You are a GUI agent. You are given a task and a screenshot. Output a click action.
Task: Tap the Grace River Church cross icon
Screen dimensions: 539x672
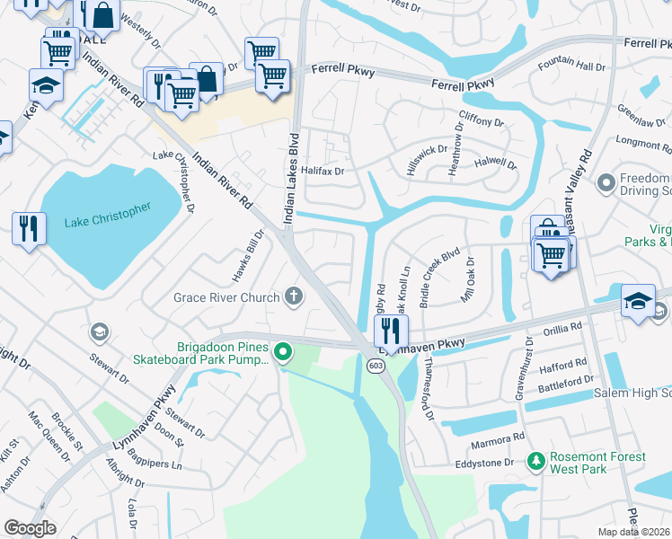293,296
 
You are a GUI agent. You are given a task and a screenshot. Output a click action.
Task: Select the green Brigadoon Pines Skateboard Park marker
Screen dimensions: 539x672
283,351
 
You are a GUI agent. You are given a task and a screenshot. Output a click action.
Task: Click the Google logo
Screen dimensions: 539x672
31,527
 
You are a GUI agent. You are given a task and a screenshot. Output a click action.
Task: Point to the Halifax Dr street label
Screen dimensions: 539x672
323,170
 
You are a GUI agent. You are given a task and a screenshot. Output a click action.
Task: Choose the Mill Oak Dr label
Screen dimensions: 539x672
467,278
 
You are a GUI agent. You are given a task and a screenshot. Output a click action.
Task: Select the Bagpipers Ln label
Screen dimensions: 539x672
158,465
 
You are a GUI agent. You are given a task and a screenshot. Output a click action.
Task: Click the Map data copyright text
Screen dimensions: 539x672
634,532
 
